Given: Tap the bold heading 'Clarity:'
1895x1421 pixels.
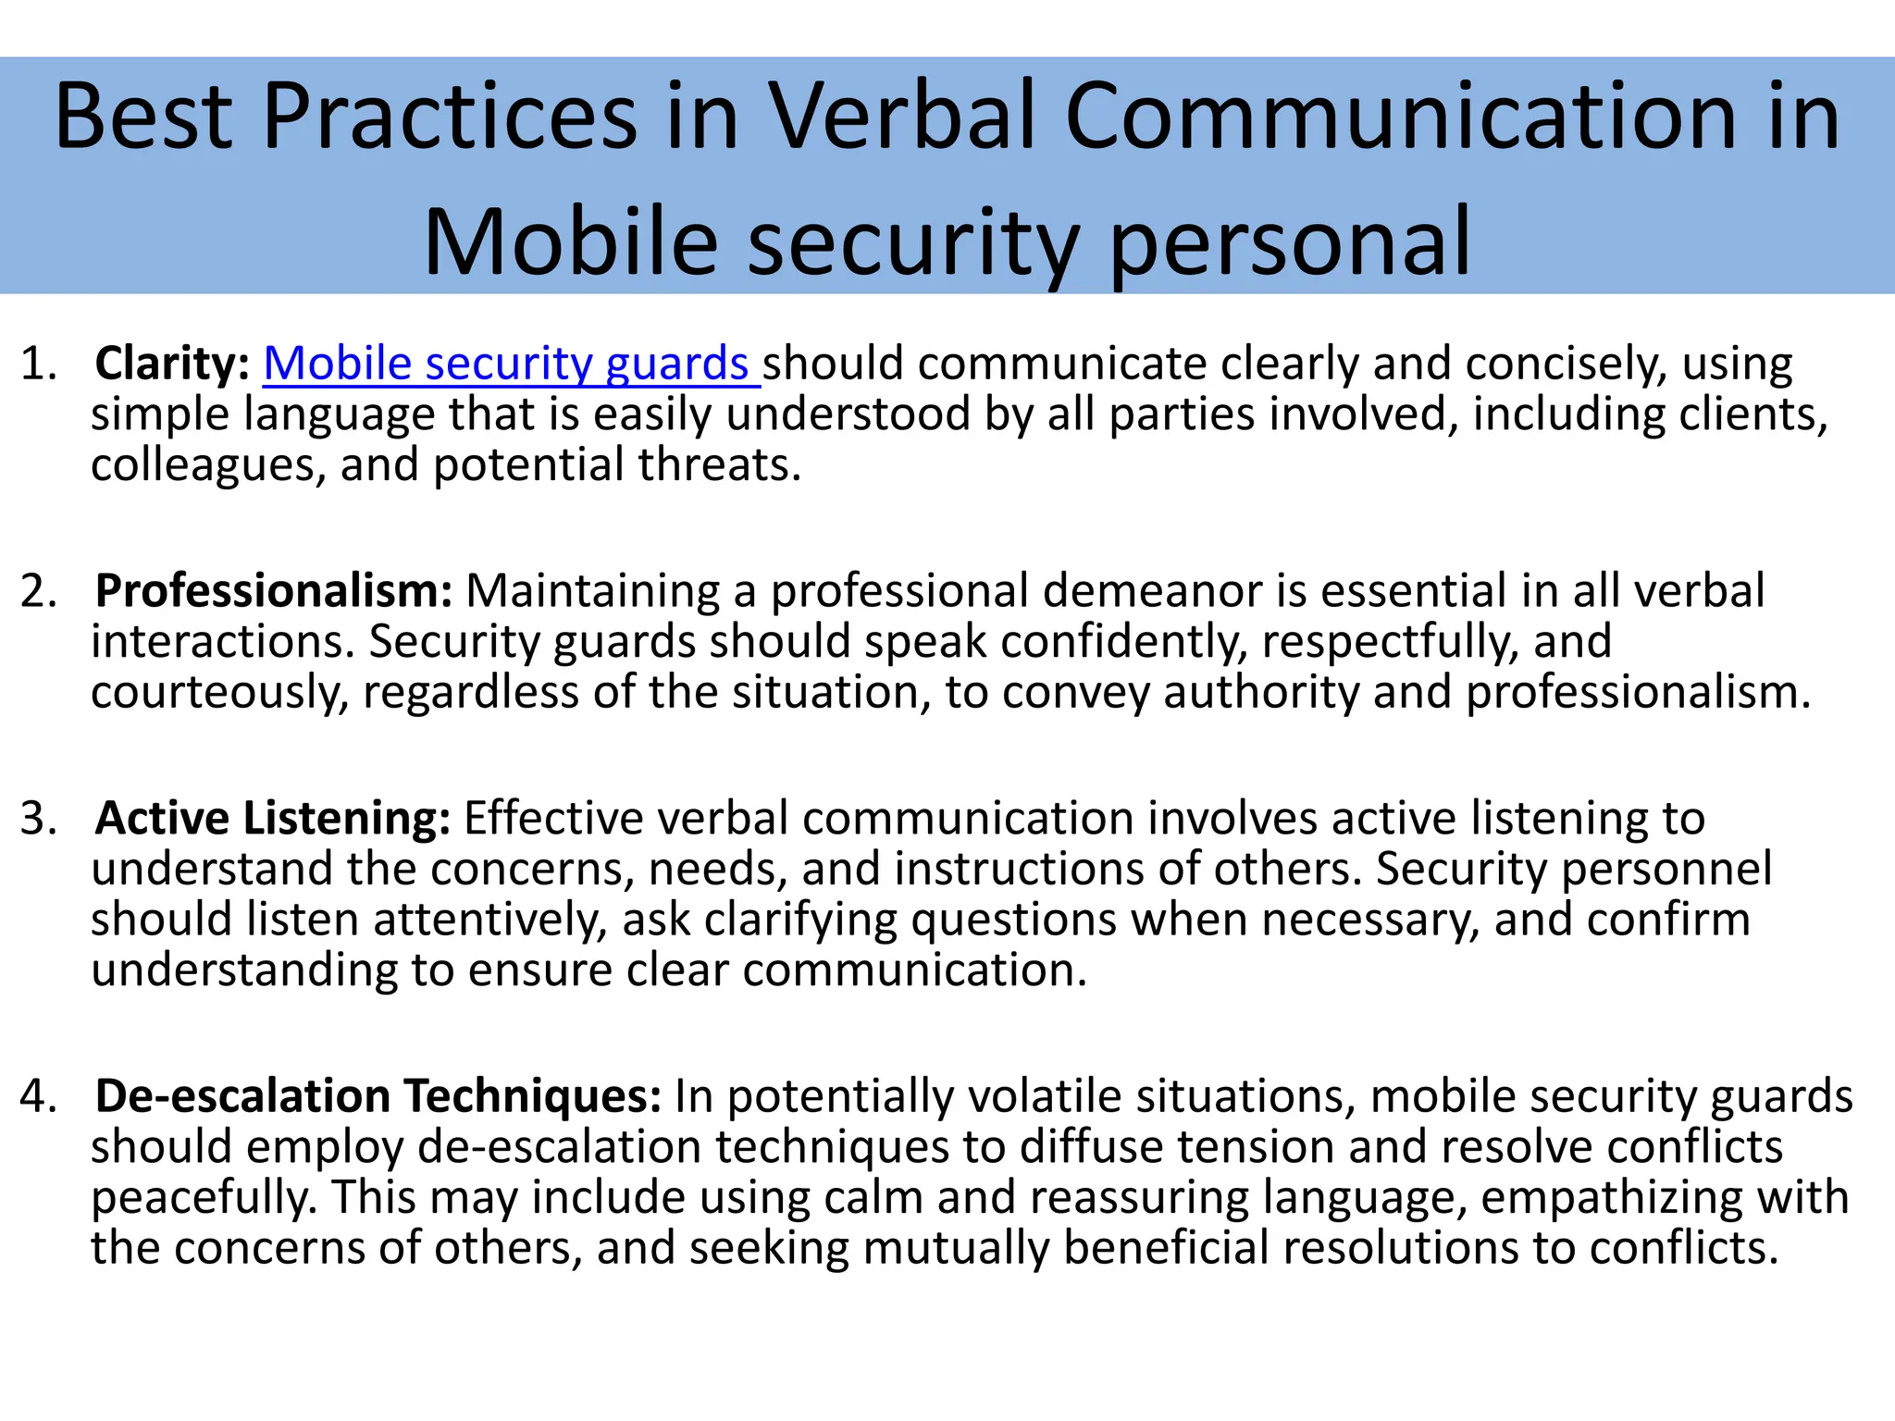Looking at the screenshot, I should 172,364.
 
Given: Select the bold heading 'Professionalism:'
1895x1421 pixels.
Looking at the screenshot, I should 274,591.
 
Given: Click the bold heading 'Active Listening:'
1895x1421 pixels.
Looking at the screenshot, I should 273,819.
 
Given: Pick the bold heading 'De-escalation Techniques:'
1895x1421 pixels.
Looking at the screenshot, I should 378,1096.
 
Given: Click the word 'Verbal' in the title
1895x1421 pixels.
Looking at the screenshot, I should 903,117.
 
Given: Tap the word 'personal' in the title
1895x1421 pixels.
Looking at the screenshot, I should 1289,242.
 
